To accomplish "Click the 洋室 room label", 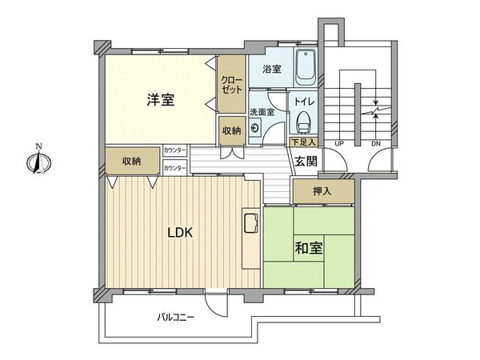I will pos(161,100).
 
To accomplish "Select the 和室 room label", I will pos(310,247).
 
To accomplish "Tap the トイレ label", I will pos(304,102).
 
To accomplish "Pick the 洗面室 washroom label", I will pos(261,112).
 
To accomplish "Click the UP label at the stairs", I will pos(339,143).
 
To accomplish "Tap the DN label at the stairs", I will pos(376,143).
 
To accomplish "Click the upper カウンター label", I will pos(174,150).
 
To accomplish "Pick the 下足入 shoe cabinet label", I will pos(303,142).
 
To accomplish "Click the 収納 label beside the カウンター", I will pos(132,161).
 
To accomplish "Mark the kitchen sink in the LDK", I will pos(247,222).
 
